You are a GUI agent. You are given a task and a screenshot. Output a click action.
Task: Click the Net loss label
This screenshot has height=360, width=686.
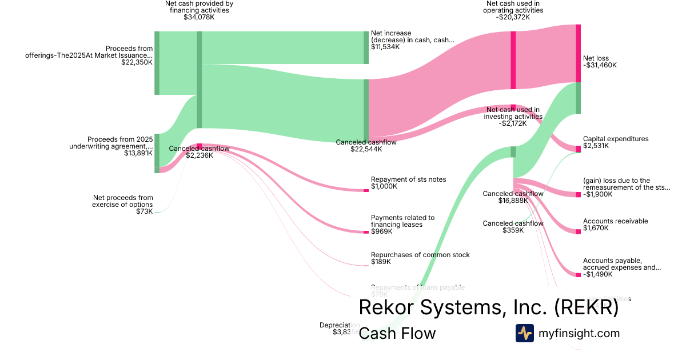pyautogui.click(x=596, y=58)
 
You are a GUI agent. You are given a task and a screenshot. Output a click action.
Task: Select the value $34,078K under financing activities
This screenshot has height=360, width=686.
pyautogui.click(x=199, y=17)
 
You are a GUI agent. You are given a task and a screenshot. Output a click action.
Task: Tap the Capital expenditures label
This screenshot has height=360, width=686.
pyautogui.click(x=616, y=139)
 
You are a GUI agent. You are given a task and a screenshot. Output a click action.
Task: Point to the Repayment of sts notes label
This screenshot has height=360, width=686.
pyautogui.click(x=408, y=179)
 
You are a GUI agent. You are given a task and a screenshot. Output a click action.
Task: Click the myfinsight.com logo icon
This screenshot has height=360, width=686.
pyautogui.click(x=524, y=333)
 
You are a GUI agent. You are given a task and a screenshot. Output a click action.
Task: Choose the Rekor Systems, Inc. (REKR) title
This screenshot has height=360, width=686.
pyautogui.click(x=488, y=307)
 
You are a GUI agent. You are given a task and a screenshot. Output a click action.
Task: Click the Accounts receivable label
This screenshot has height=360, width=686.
pyautogui.click(x=615, y=221)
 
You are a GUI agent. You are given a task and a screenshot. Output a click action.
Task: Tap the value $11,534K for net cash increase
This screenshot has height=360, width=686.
pyautogui.click(x=385, y=47)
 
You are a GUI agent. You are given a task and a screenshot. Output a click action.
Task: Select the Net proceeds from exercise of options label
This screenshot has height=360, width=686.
pyautogui.click(x=123, y=201)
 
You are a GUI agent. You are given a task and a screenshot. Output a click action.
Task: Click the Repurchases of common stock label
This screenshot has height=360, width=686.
pyautogui.click(x=420, y=255)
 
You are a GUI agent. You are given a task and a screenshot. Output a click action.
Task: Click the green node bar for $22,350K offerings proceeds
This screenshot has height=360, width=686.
pyautogui.click(x=157, y=63)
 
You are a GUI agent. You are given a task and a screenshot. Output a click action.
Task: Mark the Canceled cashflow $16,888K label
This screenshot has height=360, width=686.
pyautogui.click(x=513, y=194)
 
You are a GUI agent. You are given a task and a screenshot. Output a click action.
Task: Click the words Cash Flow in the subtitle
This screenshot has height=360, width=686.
pyautogui.click(x=397, y=333)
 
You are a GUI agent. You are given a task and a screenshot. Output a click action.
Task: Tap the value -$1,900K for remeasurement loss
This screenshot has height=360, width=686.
pyautogui.click(x=597, y=194)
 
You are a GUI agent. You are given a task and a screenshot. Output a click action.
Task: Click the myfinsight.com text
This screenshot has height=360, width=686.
pyautogui.click(x=579, y=333)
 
